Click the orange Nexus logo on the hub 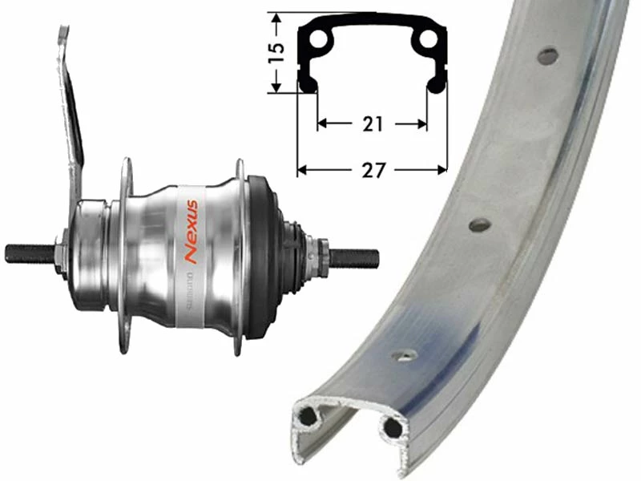(x=191, y=233)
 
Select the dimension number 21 (x=371, y=124)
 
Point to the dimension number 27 (x=372, y=170)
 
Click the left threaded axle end (x=28, y=253)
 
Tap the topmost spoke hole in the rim (x=548, y=56)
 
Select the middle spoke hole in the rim (x=480, y=224)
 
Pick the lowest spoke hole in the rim (x=405, y=354)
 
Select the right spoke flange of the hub (x=238, y=257)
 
